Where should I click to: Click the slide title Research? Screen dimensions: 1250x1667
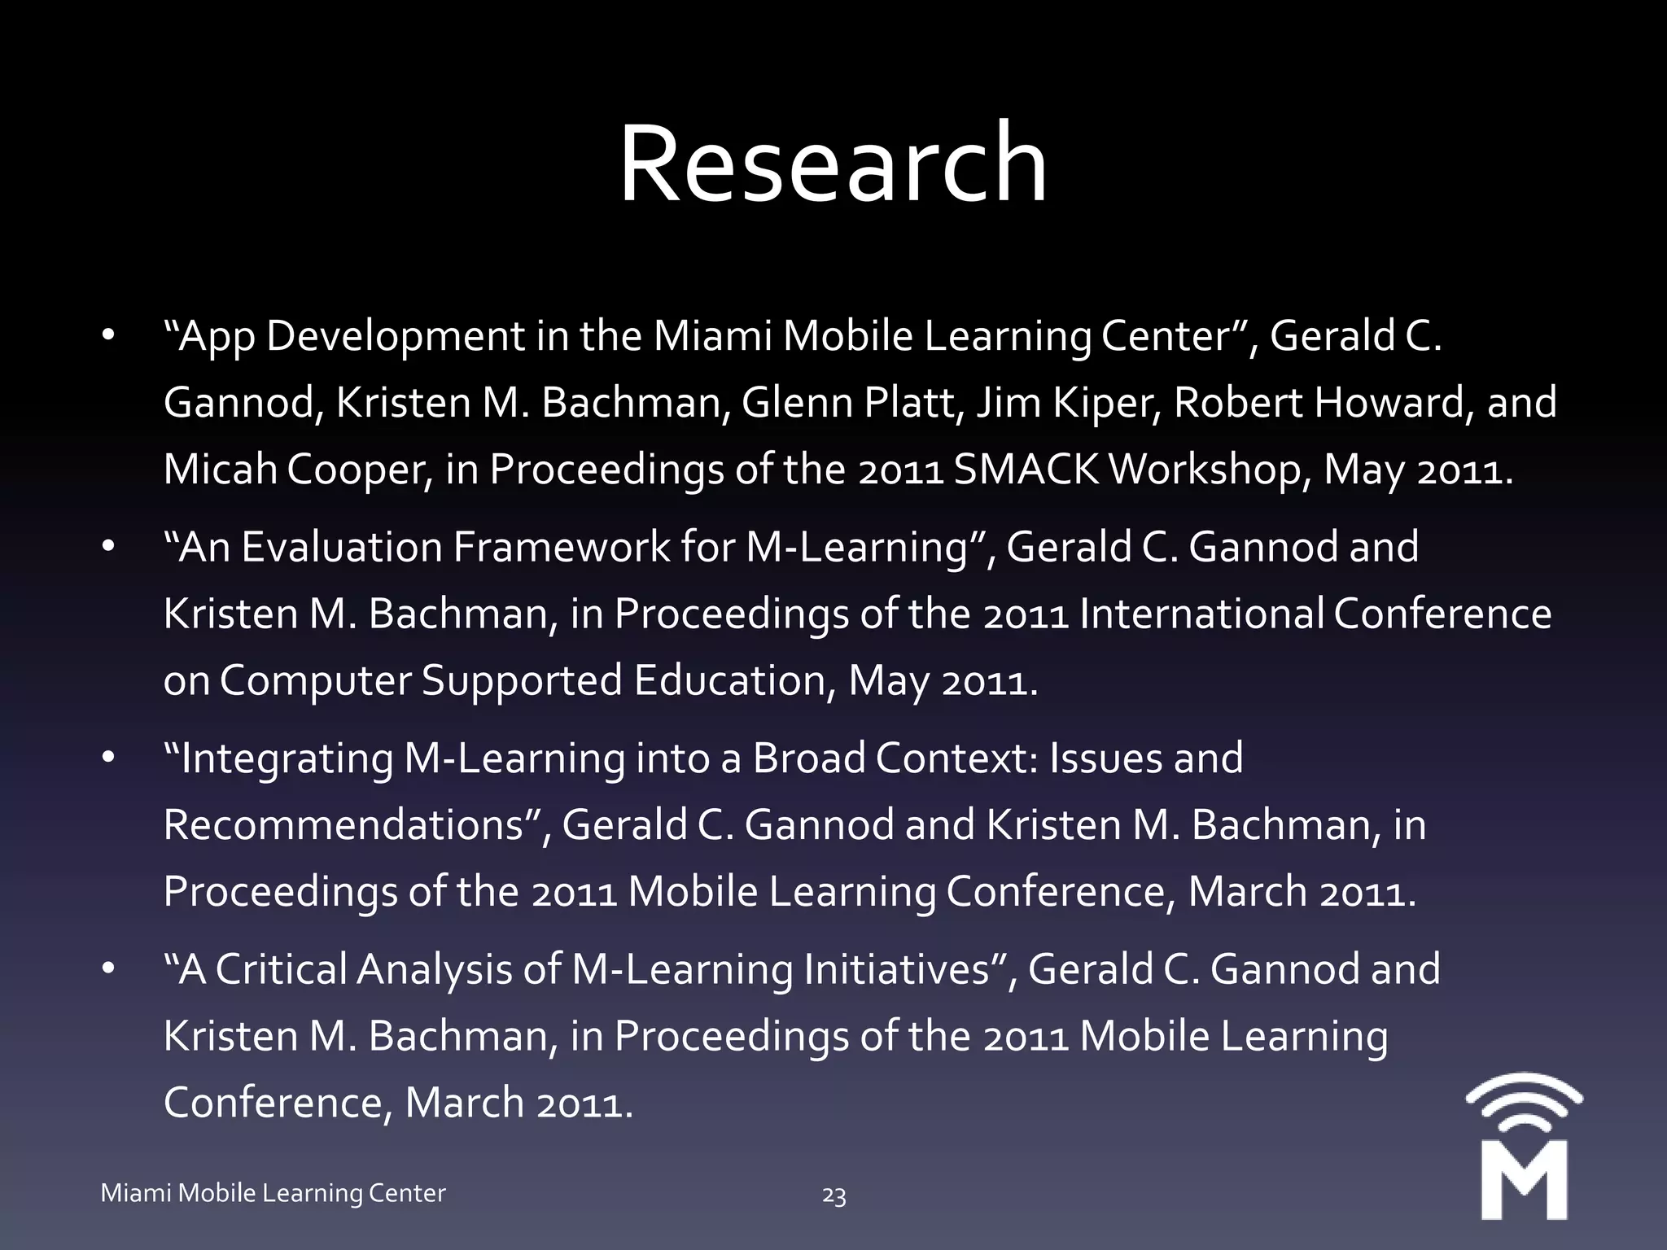pyautogui.click(x=833, y=163)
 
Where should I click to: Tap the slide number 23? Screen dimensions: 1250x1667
pyautogui.click(x=833, y=1195)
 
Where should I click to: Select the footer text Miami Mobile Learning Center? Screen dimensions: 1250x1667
pyautogui.click(x=273, y=1193)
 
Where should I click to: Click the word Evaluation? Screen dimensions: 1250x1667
pyautogui.click(x=341, y=547)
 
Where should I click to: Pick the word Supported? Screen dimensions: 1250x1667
pyautogui.click(x=522, y=680)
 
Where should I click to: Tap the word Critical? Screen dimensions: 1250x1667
pyautogui.click(x=281, y=969)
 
